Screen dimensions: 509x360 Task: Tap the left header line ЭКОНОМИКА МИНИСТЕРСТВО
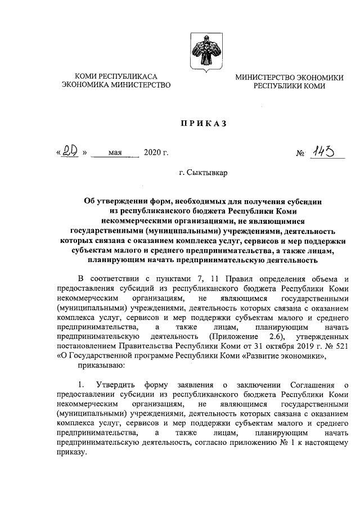pyautogui.click(x=116, y=85)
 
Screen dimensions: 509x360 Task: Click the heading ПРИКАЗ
pyautogui.click(x=202, y=123)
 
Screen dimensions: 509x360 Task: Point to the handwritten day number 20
pyautogui.click(x=69, y=151)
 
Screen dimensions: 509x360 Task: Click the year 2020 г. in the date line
pyautogui.click(x=156, y=152)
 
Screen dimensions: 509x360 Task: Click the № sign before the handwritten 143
pyautogui.click(x=299, y=153)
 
